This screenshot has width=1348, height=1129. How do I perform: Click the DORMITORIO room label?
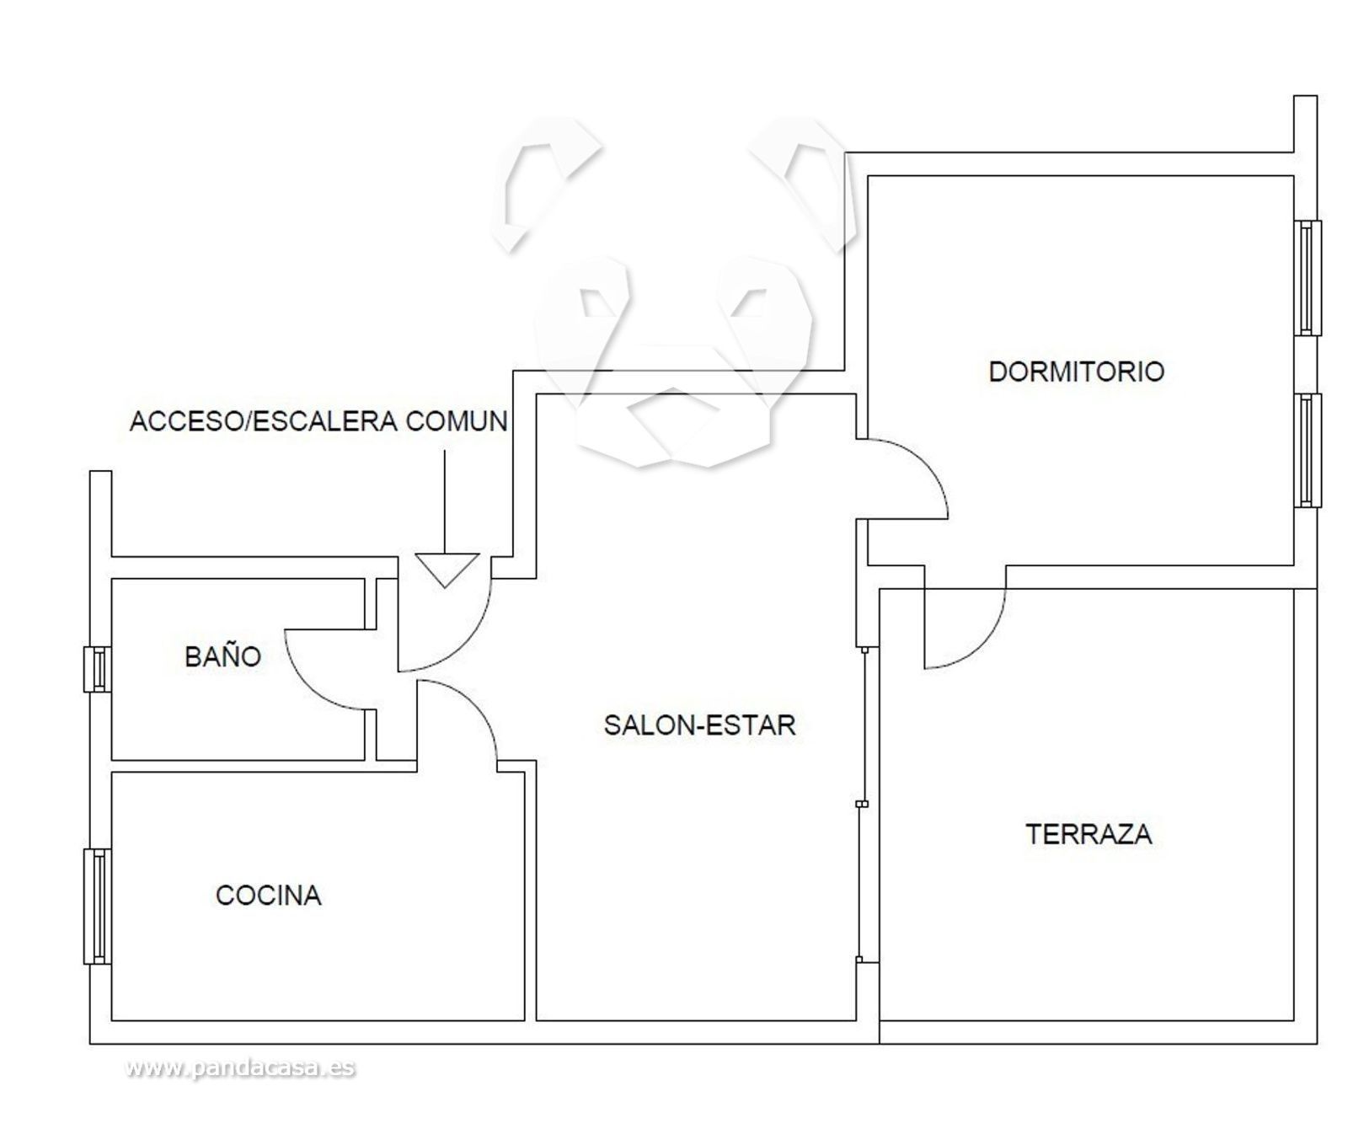coord(1076,372)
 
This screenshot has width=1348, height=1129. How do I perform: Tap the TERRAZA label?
coord(1089,834)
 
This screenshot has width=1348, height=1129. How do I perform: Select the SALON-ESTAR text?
coord(699,725)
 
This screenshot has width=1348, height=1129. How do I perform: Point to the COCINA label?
coord(269,895)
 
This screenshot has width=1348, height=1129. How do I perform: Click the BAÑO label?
coord(222,656)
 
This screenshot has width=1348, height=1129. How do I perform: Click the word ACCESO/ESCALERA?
coord(264,421)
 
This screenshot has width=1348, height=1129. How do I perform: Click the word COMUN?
coord(457,421)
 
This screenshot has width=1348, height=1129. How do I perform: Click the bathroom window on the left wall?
coord(97,669)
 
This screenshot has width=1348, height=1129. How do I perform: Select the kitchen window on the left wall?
coord(97,906)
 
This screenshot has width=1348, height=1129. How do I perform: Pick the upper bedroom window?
coord(1308,278)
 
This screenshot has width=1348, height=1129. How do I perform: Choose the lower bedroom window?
coord(1308,451)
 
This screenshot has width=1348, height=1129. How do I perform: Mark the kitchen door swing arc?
coord(473,706)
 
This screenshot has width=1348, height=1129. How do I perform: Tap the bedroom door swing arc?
coord(923,463)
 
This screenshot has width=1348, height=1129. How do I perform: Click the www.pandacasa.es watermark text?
coord(240,1068)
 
